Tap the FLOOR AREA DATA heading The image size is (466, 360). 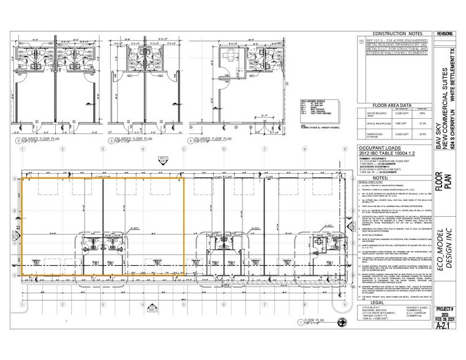[x=393, y=105]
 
